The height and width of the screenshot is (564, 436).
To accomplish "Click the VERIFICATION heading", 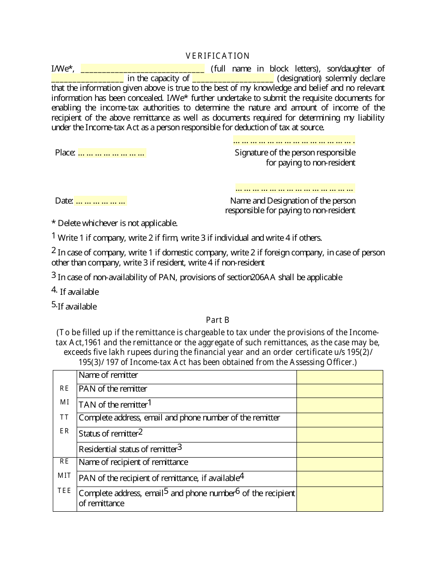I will [x=218, y=56].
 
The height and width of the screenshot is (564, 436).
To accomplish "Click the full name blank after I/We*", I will [x=142, y=69].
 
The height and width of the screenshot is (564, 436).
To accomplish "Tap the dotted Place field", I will [x=112, y=153].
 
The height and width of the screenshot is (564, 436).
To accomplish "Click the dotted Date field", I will [x=101, y=201].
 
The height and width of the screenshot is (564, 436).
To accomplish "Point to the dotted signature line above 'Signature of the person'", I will [x=294, y=141].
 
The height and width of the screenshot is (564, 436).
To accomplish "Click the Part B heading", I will [x=218, y=320].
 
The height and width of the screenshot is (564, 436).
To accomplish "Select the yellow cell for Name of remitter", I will [x=340, y=377].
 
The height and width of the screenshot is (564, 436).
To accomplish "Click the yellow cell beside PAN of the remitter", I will [x=340, y=391].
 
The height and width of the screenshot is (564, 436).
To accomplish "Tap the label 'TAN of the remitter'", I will [x=113, y=405].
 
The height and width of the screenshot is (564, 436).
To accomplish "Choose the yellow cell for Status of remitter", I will [x=340, y=435].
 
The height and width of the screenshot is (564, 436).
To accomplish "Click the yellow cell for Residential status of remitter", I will [x=340, y=449].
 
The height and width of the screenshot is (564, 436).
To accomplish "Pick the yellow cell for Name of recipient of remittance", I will [x=340, y=464].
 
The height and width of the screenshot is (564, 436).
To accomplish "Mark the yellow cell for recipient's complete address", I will [x=340, y=499].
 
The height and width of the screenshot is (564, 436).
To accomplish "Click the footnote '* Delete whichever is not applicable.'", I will [x=114, y=223].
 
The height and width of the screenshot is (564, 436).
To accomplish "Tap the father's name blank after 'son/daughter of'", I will [x=87, y=78].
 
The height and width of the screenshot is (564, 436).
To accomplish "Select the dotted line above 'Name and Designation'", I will [x=295, y=188].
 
